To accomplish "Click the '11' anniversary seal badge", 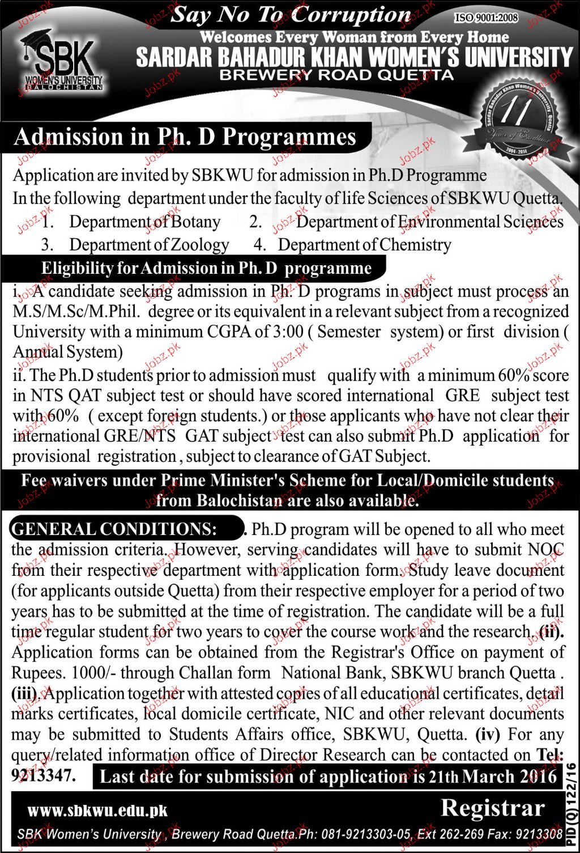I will click(x=513, y=119).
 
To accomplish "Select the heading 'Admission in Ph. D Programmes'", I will click(x=185, y=138).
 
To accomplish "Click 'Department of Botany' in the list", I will click(x=144, y=222).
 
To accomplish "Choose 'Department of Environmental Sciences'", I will click(x=430, y=222).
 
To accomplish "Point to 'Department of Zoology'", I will click(x=149, y=245).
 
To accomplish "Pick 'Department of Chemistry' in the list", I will click(x=365, y=245).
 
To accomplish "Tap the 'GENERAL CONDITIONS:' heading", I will click(x=114, y=529).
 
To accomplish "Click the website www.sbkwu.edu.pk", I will click(x=97, y=810).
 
